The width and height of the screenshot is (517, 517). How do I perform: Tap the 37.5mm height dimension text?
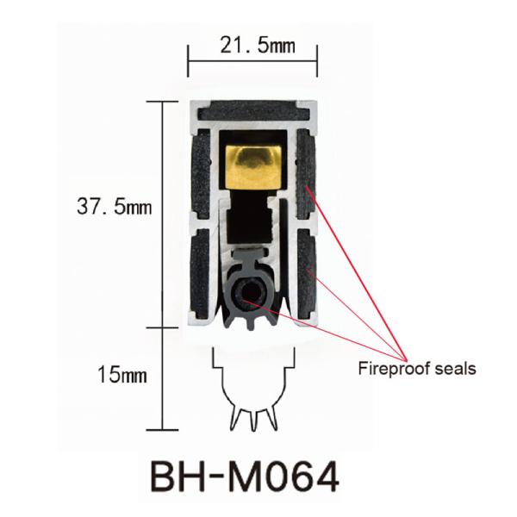pos(115,207)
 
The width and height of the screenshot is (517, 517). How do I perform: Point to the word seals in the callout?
pos(454,370)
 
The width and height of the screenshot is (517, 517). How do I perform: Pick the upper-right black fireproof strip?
pos(305,177)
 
